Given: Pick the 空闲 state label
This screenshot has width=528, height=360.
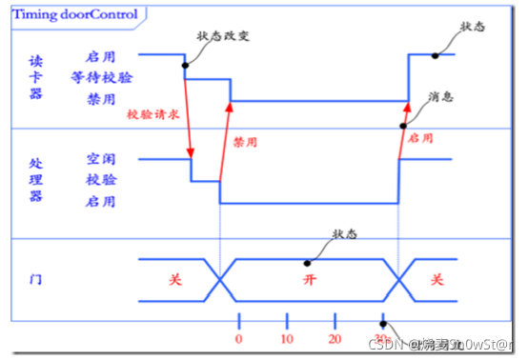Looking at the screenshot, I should [x=100, y=158].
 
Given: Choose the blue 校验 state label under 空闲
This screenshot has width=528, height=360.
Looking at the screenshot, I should [x=100, y=179].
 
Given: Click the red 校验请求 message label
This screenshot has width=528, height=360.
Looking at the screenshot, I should [x=152, y=113].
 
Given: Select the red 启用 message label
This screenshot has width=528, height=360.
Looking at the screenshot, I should [x=420, y=138].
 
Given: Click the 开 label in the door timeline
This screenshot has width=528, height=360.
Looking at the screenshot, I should [x=307, y=281].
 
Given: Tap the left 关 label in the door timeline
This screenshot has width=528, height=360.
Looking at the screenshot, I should [x=174, y=281].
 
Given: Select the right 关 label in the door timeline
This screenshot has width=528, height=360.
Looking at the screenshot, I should [x=436, y=281].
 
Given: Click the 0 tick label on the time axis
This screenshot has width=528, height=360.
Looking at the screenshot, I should [x=238, y=339].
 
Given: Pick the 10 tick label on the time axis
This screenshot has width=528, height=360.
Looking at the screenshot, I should [x=286, y=339].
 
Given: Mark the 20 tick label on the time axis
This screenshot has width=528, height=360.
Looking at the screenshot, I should [x=334, y=339].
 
